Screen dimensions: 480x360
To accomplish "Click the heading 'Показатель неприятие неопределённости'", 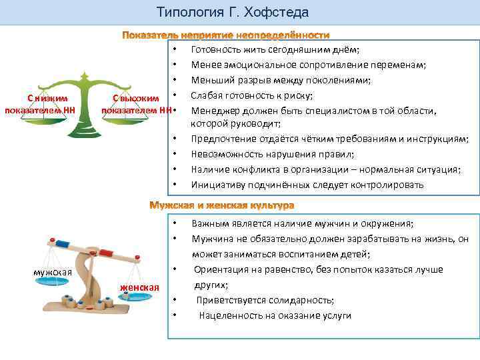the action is click(226, 35).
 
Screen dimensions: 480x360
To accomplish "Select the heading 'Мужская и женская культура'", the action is click(221, 203).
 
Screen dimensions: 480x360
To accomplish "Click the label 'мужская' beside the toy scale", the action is click(53, 272).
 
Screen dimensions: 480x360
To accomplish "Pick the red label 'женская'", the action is click(139, 287).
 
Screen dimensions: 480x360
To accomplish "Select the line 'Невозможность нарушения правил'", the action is click(263, 154).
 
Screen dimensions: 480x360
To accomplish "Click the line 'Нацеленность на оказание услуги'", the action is click(275, 315).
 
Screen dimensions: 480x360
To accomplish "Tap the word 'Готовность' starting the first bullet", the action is click(214, 49).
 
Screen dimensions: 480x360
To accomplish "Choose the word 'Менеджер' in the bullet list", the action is click(213, 109).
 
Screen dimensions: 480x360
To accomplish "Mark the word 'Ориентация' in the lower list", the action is click(220, 269).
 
